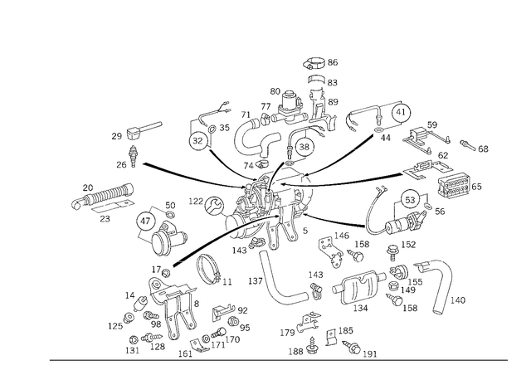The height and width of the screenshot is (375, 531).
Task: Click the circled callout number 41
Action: (x=401, y=112)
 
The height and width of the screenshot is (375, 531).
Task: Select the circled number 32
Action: (x=197, y=140)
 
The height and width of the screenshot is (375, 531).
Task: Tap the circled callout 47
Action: (x=145, y=222)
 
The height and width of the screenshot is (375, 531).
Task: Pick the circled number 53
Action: (x=410, y=200)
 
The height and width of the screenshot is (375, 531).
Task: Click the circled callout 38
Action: (x=304, y=146)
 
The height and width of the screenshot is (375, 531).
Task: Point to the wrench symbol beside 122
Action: (x=214, y=205)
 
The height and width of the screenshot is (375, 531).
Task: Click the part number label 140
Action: (x=457, y=300)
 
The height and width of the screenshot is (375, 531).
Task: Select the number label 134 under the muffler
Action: (x=360, y=308)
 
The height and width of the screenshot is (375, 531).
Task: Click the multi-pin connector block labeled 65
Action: (x=453, y=185)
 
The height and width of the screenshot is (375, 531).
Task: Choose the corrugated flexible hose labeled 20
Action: (x=103, y=196)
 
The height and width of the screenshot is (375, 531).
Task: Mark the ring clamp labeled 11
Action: (x=209, y=270)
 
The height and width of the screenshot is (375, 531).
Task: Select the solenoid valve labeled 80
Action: (x=290, y=107)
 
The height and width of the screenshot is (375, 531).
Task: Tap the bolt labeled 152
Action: (x=392, y=251)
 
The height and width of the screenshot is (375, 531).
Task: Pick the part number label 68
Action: (x=483, y=149)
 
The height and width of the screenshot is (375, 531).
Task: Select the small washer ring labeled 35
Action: (x=212, y=129)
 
